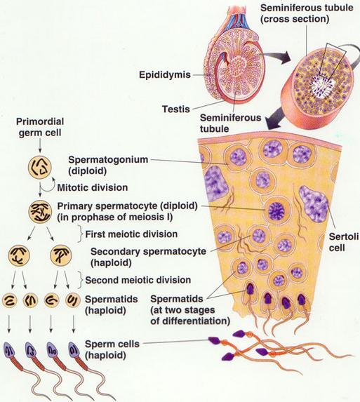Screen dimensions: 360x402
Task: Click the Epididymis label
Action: click(165, 75)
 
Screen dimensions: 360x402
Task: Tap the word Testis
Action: click(176, 109)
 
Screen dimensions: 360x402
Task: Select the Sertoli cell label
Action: click(344, 242)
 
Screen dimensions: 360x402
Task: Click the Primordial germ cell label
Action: click(40, 127)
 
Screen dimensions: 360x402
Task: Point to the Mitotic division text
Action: click(93, 187)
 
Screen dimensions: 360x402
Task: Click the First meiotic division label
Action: click(131, 234)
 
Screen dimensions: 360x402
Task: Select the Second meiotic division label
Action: click(138, 280)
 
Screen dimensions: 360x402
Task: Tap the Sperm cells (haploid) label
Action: click(112, 349)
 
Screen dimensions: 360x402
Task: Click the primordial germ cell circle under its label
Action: click(40, 168)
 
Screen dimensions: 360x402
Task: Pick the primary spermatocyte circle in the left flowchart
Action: click(40, 212)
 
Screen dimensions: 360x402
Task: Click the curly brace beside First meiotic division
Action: click(81, 234)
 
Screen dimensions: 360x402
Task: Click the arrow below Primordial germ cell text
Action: click(40, 146)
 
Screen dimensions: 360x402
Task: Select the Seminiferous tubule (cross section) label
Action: click(307, 13)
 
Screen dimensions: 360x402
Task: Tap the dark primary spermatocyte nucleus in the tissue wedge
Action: click(276, 211)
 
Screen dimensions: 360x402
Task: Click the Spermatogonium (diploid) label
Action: click(108, 165)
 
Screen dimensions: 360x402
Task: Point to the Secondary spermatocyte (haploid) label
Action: click(148, 257)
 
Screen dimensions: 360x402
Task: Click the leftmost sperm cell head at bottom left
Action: click(10, 351)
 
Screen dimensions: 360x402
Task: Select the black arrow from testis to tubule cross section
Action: click(276, 57)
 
